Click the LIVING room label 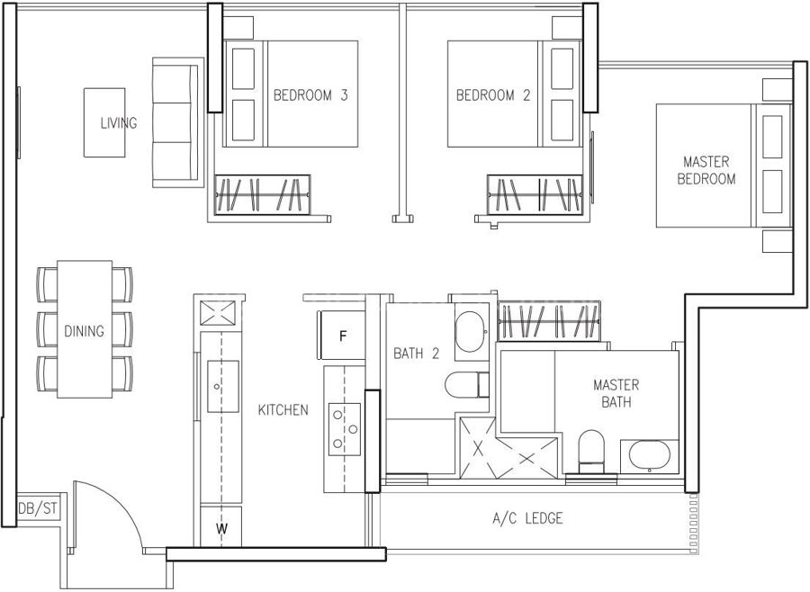tap(119, 123)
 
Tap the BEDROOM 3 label tap(310, 95)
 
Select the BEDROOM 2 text tap(493, 95)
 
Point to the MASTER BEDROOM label tap(706, 170)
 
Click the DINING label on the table tap(84, 330)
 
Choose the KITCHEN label tap(283, 410)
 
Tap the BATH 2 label tap(417, 354)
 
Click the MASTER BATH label tap(616, 393)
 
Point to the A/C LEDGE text tap(527, 518)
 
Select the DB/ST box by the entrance tap(38, 509)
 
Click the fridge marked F tap(342, 336)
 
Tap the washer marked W tap(221, 526)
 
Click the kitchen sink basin tap(223, 386)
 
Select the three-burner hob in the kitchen tap(345, 429)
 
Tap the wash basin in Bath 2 tap(471, 332)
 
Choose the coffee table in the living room tap(104, 122)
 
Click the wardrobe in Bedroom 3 tap(263, 194)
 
